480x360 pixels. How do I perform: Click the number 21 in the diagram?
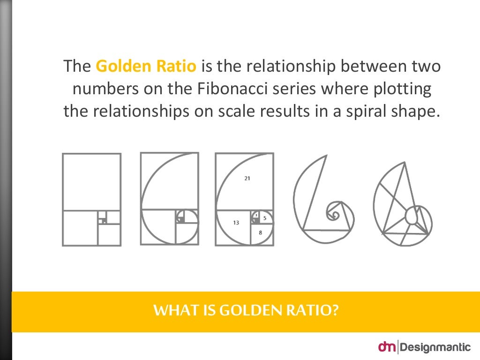[x=247, y=178]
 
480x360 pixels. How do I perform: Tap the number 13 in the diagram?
[x=236, y=223]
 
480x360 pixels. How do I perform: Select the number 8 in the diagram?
[x=260, y=232]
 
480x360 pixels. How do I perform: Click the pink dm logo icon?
[x=387, y=347]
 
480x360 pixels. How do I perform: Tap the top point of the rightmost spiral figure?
[x=403, y=163]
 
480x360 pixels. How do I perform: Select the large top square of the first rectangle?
[x=91, y=182]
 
